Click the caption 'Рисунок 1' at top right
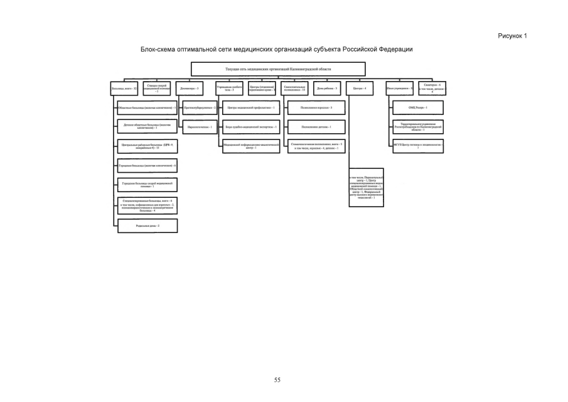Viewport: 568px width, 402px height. (512, 36)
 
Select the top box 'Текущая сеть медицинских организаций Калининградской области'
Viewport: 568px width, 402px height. (277, 69)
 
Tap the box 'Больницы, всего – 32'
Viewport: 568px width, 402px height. (124, 90)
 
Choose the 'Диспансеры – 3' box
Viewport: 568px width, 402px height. (190, 90)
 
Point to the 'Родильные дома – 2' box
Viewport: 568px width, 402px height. (147, 225)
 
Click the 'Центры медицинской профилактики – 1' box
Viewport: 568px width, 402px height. (250, 109)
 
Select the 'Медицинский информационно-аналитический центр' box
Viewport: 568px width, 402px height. (250, 146)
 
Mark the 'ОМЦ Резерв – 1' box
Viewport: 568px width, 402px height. (418, 109)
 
